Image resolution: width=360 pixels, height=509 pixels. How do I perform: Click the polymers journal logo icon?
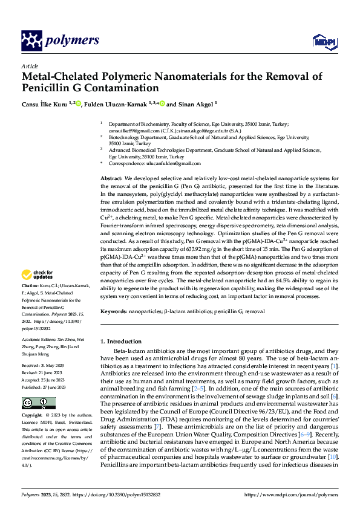click(32, 41)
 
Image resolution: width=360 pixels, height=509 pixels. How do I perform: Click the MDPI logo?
click(322, 41)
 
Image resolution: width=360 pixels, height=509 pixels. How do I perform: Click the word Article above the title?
click(30, 66)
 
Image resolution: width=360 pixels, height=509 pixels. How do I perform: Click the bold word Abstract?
click(111, 180)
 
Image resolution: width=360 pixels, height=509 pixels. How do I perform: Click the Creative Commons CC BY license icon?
click(39, 403)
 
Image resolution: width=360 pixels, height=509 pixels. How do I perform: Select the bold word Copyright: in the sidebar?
click(33, 416)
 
